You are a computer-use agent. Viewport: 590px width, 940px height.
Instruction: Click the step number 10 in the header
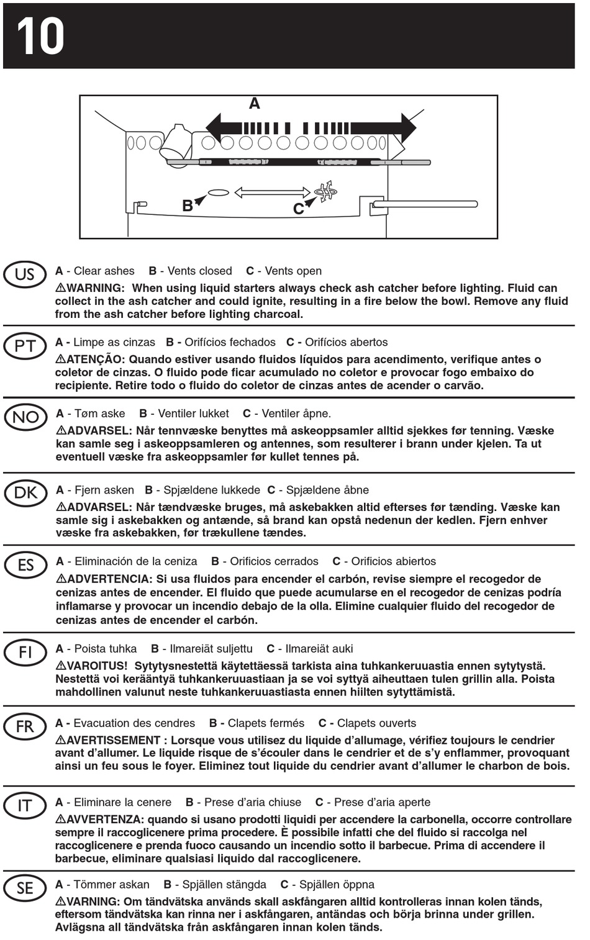tap(40, 36)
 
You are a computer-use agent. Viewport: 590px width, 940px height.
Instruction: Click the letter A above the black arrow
tap(255, 104)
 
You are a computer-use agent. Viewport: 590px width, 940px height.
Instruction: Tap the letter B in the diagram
tap(187, 206)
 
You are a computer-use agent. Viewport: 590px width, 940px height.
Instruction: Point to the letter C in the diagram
tap(298, 209)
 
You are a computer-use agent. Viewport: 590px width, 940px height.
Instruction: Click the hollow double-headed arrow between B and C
tap(272, 192)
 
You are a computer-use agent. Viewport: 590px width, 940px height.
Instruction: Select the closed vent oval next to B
tap(218, 192)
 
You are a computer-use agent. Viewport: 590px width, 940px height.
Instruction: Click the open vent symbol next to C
tap(326, 191)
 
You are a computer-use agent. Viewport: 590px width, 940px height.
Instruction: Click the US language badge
tap(25, 274)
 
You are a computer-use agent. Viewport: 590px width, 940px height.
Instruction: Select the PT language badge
tap(25, 346)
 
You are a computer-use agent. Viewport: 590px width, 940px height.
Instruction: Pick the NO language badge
tap(25, 417)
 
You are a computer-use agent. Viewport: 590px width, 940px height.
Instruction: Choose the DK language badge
tap(25, 493)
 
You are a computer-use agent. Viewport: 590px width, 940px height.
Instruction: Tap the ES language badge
tap(25, 565)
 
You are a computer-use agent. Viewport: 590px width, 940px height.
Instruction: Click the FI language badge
tap(25, 653)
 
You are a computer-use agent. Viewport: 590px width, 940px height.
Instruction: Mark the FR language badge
tap(25, 726)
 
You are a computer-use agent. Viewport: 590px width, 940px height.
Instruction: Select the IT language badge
tap(25, 806)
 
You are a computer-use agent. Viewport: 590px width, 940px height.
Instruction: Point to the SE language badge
tap(25, 888)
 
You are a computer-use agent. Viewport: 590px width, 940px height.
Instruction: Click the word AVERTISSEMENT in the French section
tap(114, 740)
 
